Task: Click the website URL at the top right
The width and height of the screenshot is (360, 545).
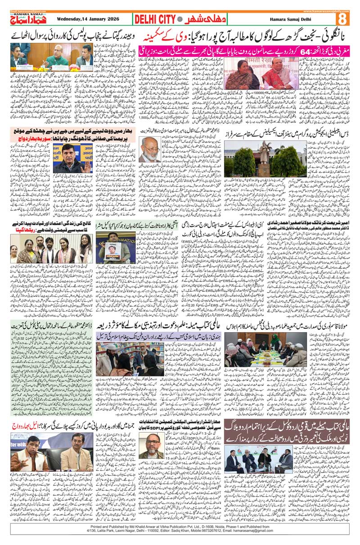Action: pyautogui.click(x=330, y=11)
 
